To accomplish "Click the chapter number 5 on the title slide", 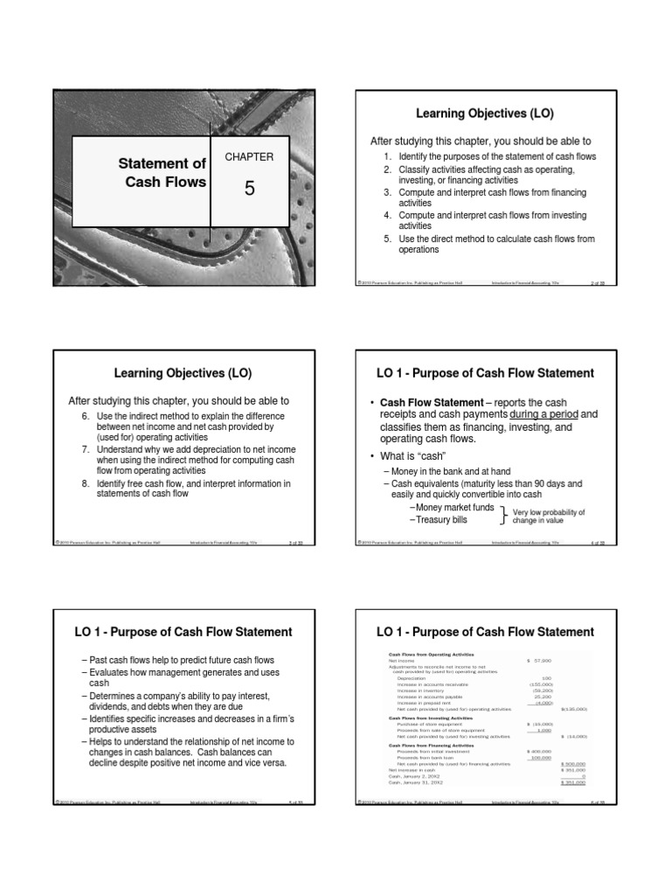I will click(249, 188).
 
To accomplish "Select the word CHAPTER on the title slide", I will click(249, 156).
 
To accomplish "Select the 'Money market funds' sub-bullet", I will click(454, 507).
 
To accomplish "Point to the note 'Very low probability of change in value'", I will click(548, 516).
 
